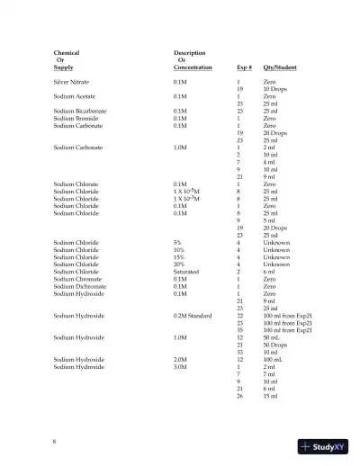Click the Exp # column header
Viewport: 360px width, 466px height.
(243, 67)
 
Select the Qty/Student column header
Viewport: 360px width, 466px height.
(279, 67)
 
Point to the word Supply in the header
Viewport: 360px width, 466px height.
(63, 67)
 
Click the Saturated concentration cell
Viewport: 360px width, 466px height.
(186, 272)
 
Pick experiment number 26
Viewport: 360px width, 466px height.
(239, 395)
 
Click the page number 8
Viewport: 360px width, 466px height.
(55, 441)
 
